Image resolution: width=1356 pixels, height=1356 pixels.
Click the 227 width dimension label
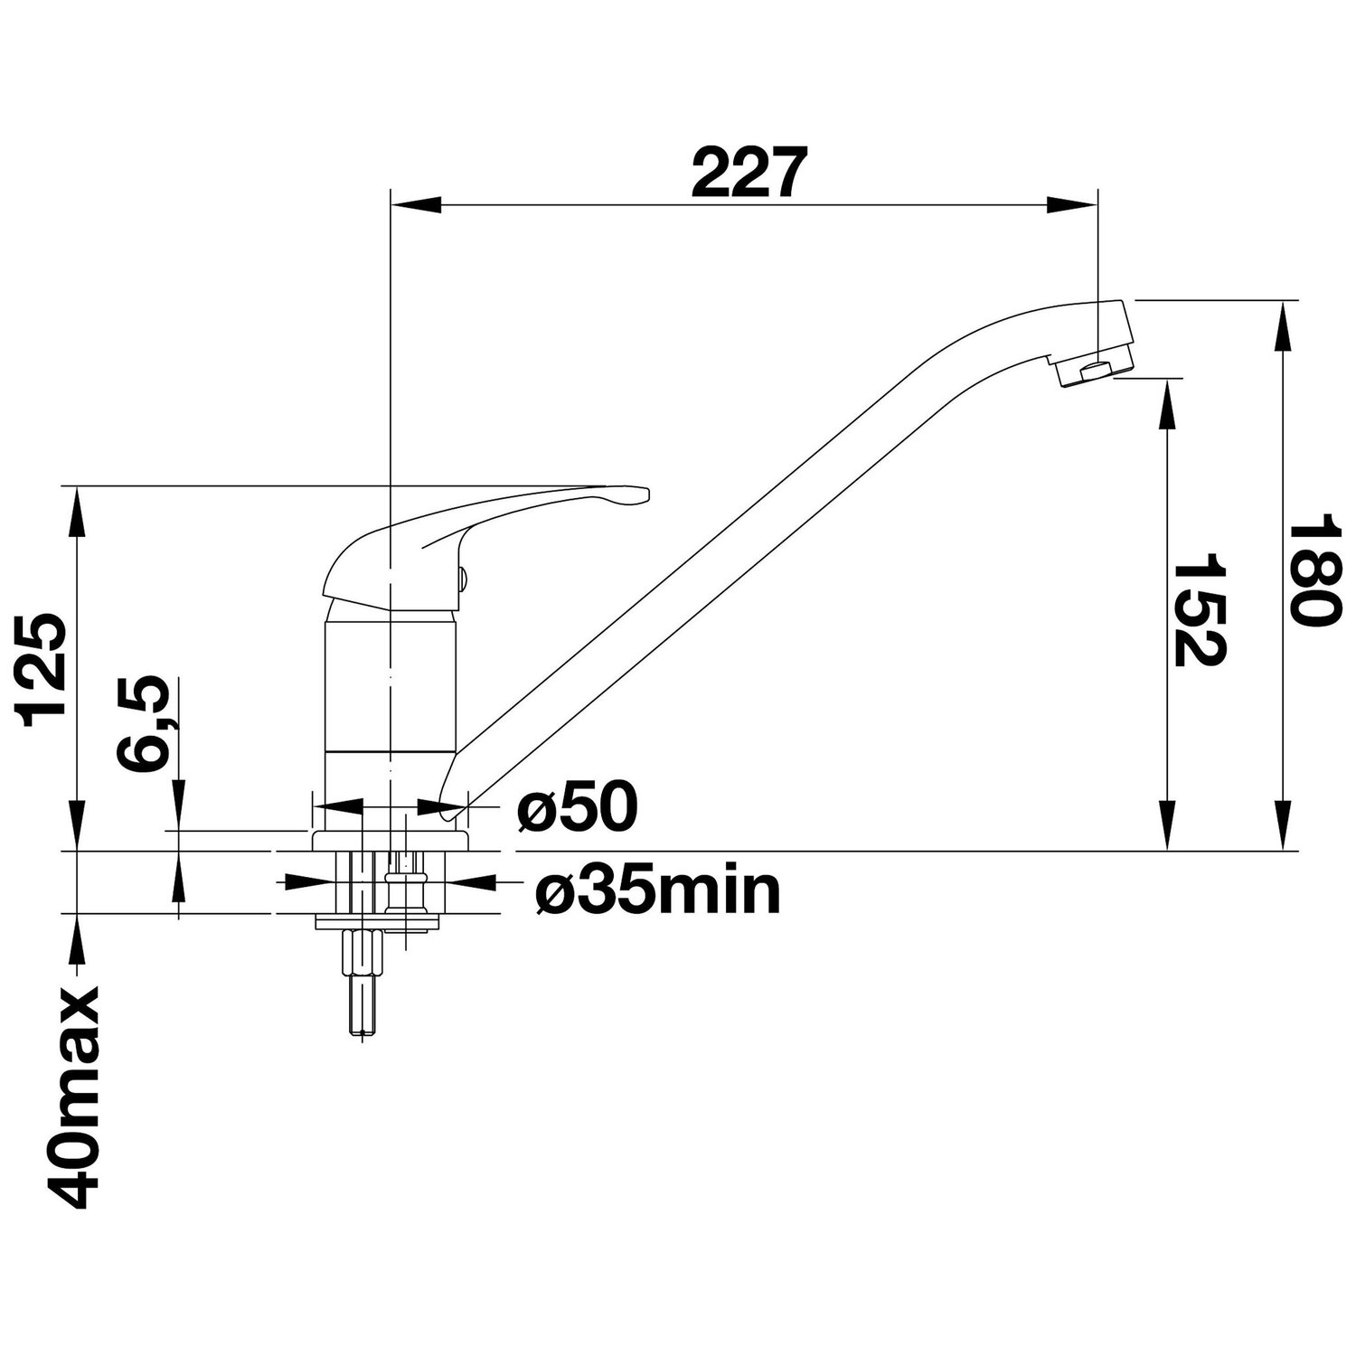[747, 173]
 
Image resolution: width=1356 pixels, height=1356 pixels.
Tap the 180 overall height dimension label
[1311, 572]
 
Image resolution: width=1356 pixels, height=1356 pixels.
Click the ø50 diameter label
[577, 807]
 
